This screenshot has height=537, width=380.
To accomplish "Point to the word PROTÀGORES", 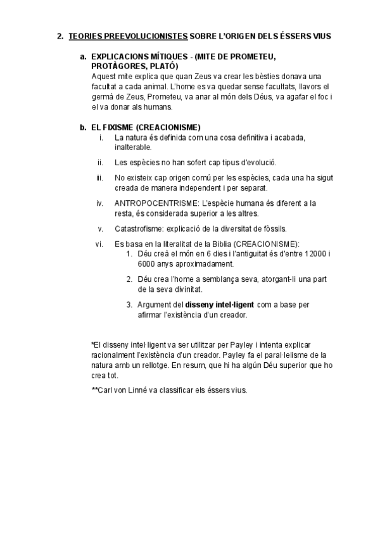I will click(118, 66).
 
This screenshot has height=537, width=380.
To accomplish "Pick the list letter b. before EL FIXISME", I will click(84, 127).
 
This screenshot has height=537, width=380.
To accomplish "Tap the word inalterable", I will click(133, 147).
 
